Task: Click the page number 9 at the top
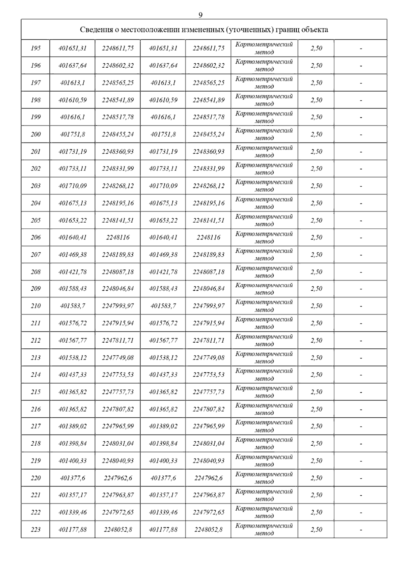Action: point(200,15)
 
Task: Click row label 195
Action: point(35,48)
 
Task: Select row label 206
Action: point(35,237)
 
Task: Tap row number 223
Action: point(35,530)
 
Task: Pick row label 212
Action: point(35,341)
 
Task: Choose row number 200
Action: point(35,134)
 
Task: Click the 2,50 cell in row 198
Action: point(316,100)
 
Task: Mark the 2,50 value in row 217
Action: point(316,426)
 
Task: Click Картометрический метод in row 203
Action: point(264,186)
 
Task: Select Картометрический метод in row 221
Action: point(264,495)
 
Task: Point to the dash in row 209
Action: point(361,289)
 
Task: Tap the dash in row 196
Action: point(361,66)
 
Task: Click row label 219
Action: point(35,461)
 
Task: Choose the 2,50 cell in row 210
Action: point(316,306)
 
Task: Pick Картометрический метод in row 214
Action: point(264,375)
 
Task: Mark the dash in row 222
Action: point(361,513)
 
